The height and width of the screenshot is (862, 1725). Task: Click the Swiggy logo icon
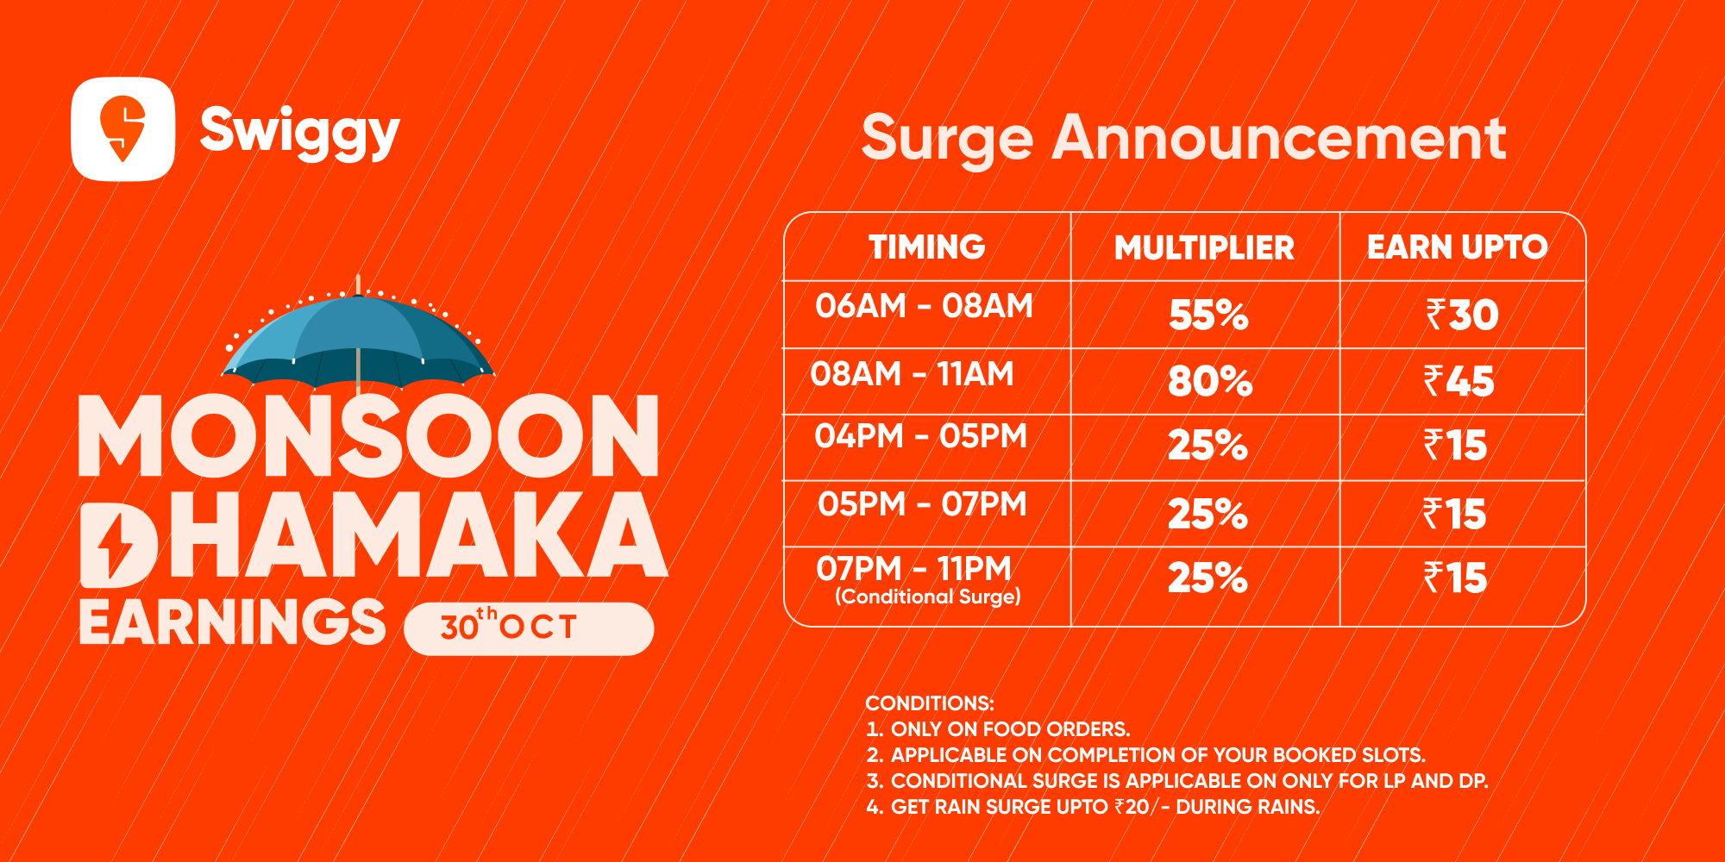point(123,129)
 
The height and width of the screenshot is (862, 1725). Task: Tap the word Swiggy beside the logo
point(300,131)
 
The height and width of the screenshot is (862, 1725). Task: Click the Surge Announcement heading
point(1183,138)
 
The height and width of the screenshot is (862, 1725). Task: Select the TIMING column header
point(927,247)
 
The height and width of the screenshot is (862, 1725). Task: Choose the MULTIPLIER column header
point(1205,248)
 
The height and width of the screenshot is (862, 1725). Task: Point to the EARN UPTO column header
point(1458,247)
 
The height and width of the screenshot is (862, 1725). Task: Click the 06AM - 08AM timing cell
point(925,306)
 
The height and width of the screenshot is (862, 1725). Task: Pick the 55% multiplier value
point(1208,315)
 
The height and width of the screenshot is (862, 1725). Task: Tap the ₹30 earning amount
point(1462,315)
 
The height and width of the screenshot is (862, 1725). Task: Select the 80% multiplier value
point(1210,381)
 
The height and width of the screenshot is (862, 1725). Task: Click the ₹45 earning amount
point(1458,381)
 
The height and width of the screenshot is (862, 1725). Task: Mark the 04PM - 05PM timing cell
point(921,436)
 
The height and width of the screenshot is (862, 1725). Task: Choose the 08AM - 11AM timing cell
point(913,374)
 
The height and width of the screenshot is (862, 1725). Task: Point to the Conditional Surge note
point(928,597)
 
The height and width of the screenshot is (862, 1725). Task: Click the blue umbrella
point(358,340)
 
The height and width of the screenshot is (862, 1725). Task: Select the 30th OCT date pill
point(529,628)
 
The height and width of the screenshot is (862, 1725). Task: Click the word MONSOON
point(369,436)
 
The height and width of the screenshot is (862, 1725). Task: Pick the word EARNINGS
point(232,622)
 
